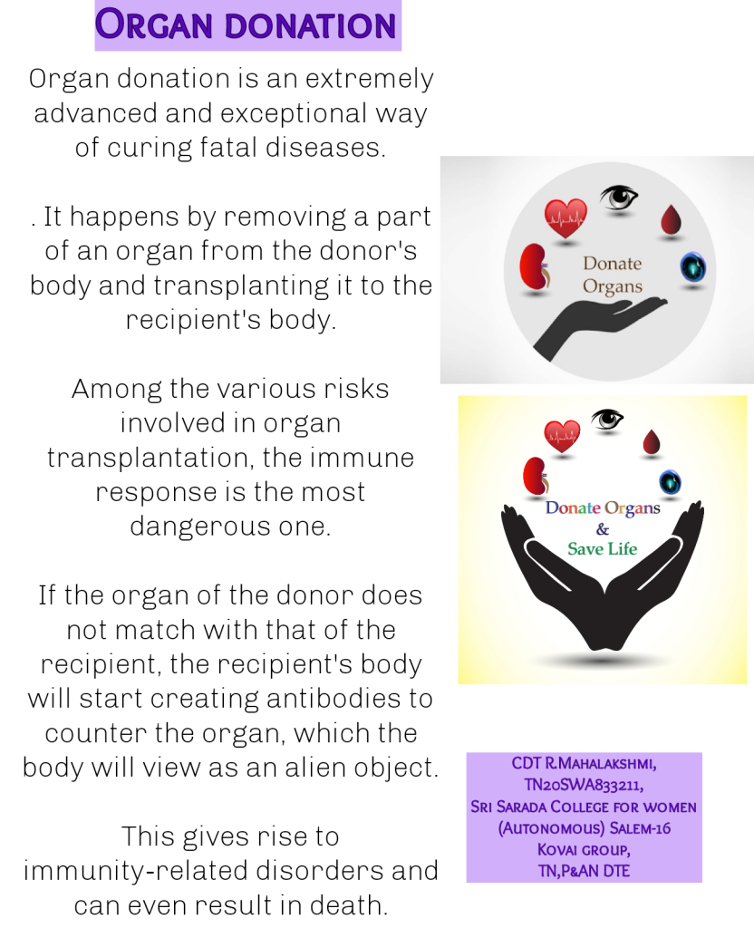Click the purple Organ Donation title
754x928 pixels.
(247, 24)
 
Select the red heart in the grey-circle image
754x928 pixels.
(565, 217)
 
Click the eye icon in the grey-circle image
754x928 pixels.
(619, 197)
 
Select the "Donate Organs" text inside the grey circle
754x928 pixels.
(612, 275)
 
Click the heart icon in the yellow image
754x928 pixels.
(562, 435)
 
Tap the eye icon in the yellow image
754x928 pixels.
(607, 419)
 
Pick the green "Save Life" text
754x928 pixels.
(602, 548)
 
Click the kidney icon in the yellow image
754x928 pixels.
(534, 475)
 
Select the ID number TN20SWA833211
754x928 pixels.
(584, 785)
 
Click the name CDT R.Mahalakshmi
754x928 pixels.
(584, 764)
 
